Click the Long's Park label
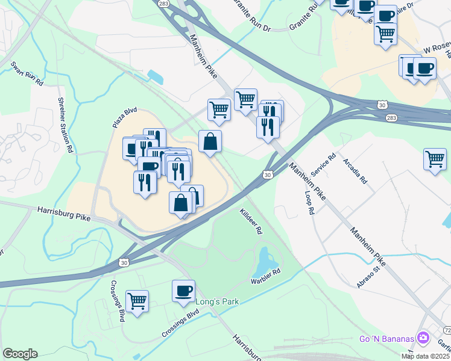[202, 301]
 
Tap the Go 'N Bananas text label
[385, 338]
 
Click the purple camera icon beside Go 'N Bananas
[423, 338]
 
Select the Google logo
[20, 354]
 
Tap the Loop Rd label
[309, 203]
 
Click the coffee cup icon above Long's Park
[183, 291]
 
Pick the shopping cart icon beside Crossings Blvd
[137, 301]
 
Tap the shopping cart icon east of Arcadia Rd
[435, 160]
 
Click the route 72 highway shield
[447, 331]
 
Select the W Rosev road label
[436, 48]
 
